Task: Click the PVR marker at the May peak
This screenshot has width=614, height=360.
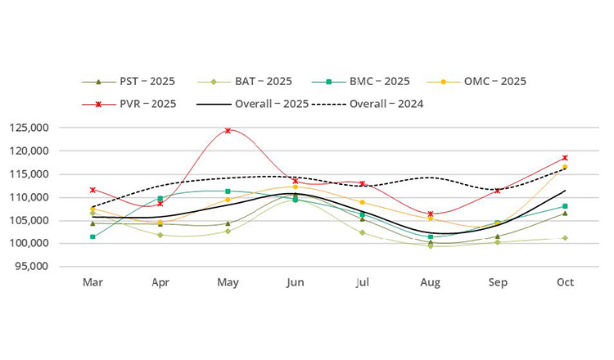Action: (x=228, y=130)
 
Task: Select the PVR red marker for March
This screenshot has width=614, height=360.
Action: (x=93, y=190)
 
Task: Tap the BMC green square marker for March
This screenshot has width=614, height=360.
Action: (x=93, y=236)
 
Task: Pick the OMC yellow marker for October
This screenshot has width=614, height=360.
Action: (x=565, y=167)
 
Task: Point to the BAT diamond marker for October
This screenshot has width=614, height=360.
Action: (x=565, y=238)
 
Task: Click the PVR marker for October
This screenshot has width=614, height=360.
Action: (x=565, y=158)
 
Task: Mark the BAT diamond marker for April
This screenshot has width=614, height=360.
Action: (x=160, y=235)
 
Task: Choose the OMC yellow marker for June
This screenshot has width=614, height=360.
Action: (x=295, y=187)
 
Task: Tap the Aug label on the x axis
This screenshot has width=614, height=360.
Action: (x=430, y=282)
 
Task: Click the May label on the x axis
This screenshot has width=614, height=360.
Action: (x=228, y=282)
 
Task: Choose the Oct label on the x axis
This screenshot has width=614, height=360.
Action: (x=565, y=282)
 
